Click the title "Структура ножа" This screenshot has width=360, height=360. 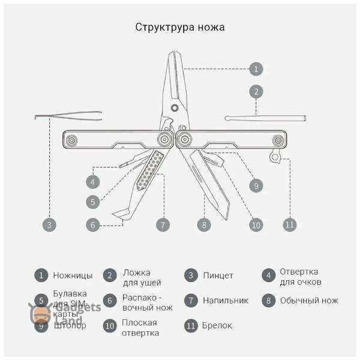(x=180, y=28)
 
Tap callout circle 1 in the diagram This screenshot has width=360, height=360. (x=256, y=69)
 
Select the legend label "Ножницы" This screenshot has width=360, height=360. (x=73, y=276)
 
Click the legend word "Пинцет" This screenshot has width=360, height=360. (x=218, y=276)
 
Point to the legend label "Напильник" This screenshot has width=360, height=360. (x=225, y=301)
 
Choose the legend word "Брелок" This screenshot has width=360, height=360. (x=217, y=326)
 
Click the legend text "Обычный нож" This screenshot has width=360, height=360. (x=309, y=301)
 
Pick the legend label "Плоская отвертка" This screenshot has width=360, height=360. (x=139, y=328)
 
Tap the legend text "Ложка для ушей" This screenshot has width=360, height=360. (x=142, y=277)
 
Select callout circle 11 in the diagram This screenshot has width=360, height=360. (x=290, y=224)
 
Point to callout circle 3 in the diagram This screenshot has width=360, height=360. (x=50, y=225)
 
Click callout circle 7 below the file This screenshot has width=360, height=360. (x=163, y=225)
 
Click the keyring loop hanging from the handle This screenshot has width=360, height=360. (x=275, y=157)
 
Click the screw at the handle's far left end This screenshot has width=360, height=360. (x=71, y=140)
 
